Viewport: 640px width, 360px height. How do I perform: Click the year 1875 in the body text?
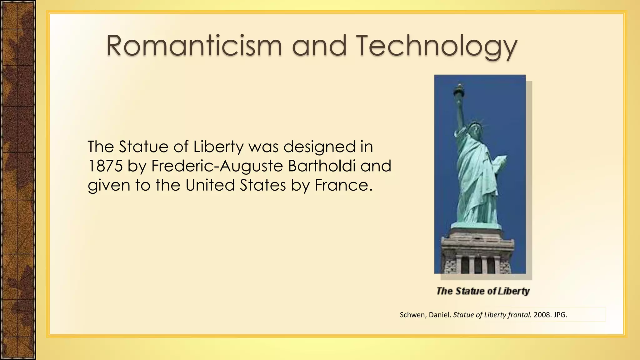105,166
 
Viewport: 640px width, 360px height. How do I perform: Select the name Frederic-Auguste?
217,166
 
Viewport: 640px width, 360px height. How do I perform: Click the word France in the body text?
343,185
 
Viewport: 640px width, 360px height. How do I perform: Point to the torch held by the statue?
460,90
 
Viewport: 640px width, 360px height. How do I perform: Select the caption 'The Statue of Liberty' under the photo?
483,291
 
